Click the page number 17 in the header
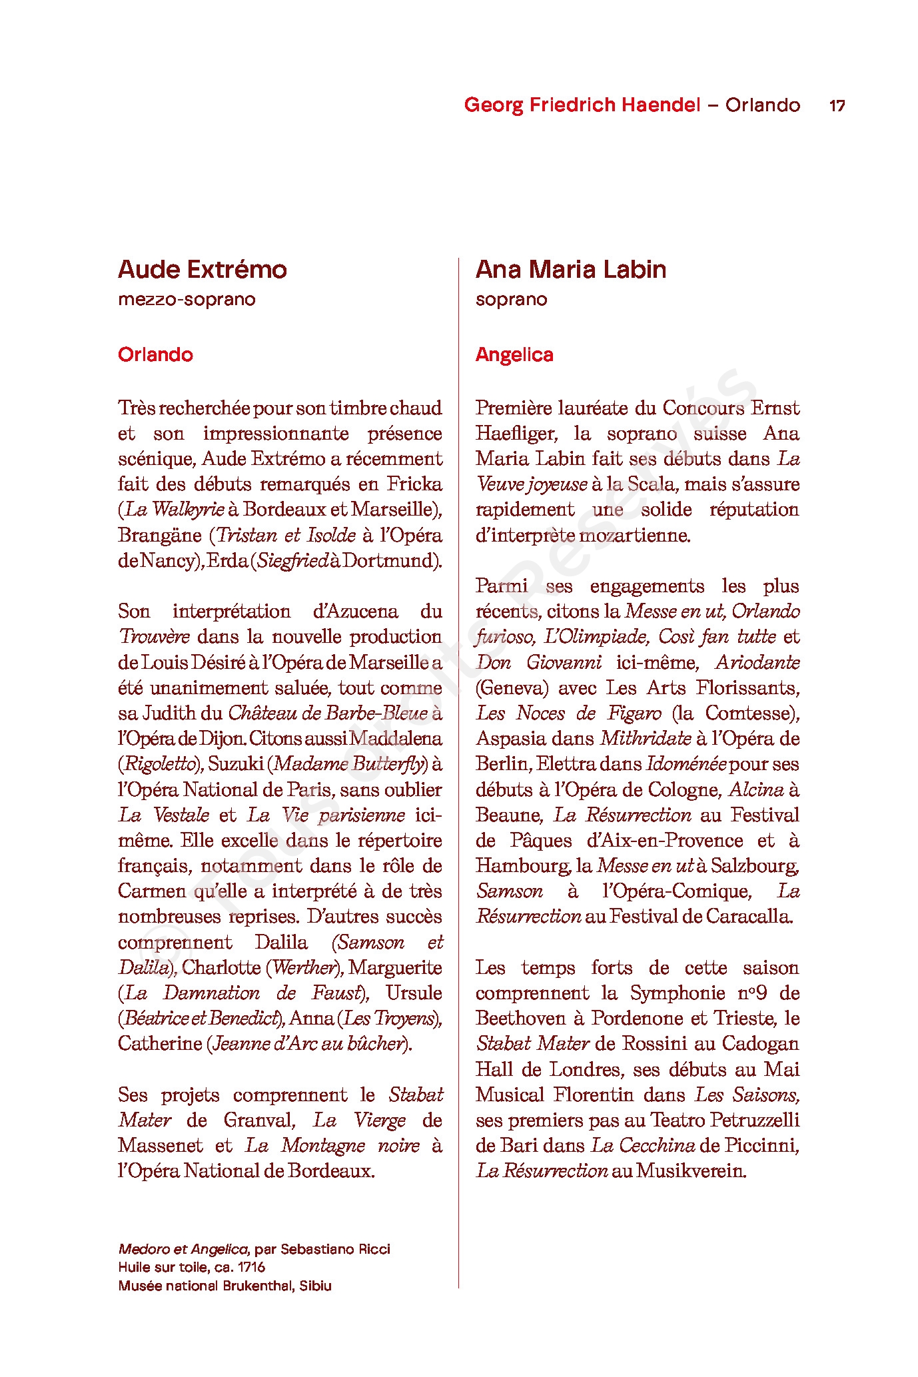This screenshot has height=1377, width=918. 837,105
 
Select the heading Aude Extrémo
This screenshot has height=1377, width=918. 203,269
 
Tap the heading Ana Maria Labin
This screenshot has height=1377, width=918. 571,269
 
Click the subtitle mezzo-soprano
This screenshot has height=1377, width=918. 187,299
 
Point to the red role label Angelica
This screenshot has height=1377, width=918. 514,354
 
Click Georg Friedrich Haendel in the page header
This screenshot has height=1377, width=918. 582,105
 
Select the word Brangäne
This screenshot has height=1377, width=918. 159,535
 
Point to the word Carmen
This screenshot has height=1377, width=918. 152,891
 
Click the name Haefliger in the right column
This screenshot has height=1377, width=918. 515,433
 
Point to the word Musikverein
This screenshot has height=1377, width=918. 691,1170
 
